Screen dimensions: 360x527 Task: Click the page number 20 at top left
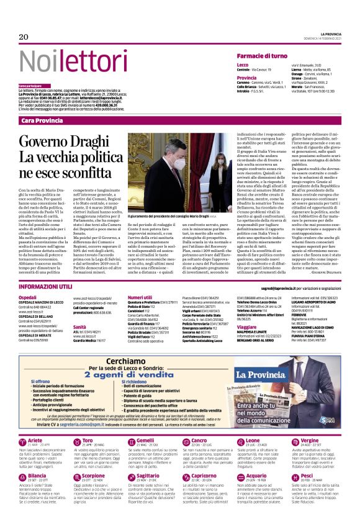pos(24,37)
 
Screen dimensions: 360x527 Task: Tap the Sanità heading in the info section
pos(79,326)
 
